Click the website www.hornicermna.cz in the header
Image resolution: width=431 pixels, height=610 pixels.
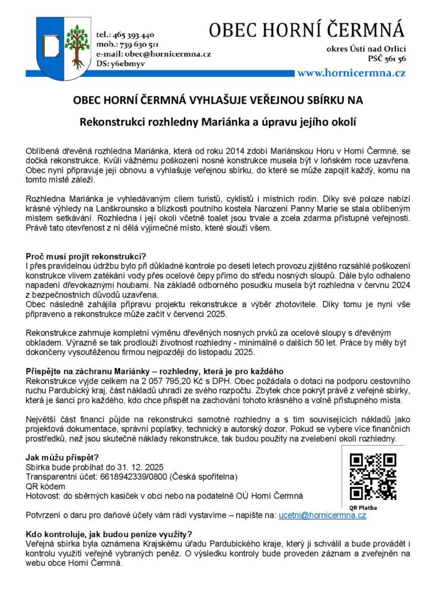point(351,73)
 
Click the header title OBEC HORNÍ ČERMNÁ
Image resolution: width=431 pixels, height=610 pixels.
point(307,29)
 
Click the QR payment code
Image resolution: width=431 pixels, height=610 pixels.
point(372,476)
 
